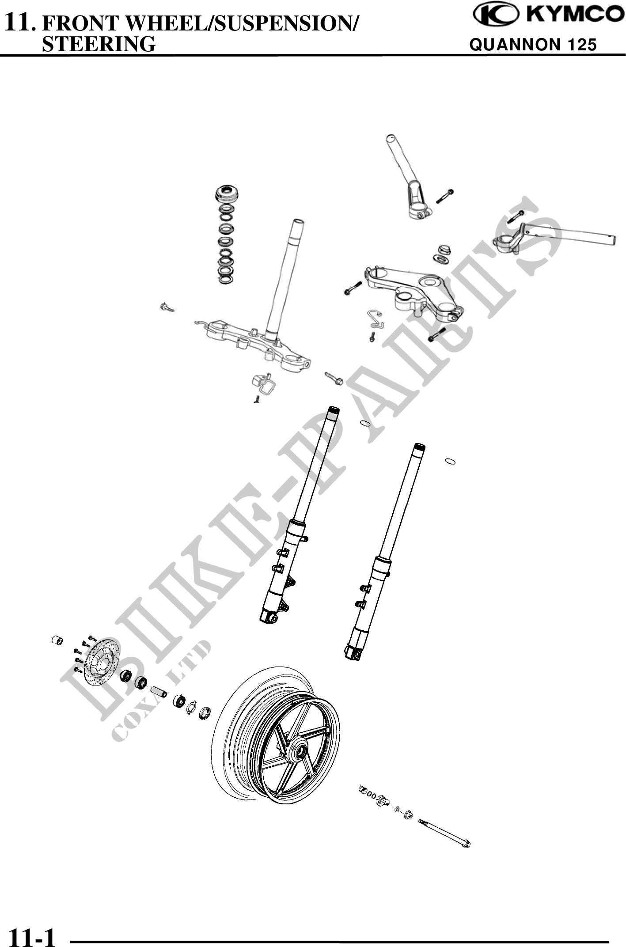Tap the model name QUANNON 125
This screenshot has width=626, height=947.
(x=533, y=44)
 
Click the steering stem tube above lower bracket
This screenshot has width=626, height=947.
(x=288, y=278)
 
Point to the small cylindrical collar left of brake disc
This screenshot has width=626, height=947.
(x=57, y=640)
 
